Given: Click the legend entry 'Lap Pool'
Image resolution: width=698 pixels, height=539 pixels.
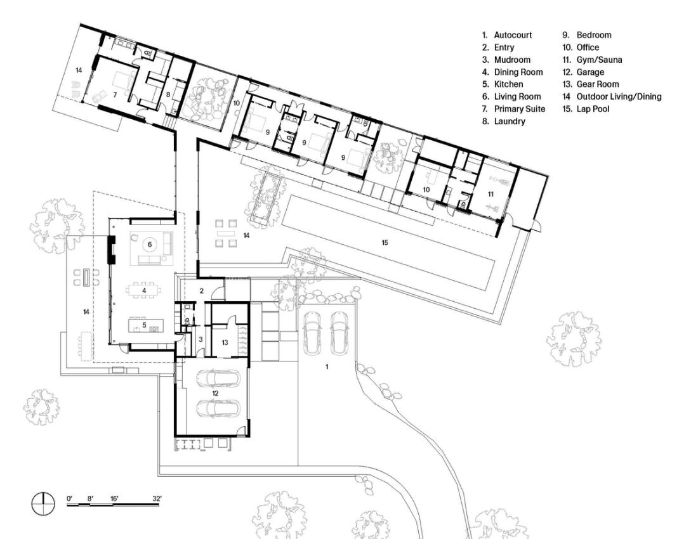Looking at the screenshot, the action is pos(593,109).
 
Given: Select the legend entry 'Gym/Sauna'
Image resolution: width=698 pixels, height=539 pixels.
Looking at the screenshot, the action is pos(599,60).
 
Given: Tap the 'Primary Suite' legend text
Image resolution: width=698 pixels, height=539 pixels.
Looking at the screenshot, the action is pos(520,109).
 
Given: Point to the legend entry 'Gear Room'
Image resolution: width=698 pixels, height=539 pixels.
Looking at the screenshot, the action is pos(597,84).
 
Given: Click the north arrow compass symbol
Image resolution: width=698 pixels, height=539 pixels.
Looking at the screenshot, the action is pos(43,504).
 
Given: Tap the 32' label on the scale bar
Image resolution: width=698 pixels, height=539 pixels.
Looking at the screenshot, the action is pos(157,498).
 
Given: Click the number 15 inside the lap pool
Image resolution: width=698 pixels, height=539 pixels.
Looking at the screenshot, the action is pos(385,242).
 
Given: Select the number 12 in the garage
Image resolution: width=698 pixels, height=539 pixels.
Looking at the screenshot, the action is pos(216,393).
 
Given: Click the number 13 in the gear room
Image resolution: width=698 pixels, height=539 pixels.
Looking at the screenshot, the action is pos(225,342).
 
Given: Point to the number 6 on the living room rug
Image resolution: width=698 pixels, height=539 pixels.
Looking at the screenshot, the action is pos(150,244).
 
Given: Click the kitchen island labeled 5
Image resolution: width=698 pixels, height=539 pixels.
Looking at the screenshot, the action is pos(146,325).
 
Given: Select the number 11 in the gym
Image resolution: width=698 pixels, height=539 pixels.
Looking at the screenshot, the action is pos(491,194).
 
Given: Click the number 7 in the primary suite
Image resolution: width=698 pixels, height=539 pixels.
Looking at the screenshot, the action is pos(115,94).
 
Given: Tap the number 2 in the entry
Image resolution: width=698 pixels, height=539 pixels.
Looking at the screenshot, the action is pos(202,291).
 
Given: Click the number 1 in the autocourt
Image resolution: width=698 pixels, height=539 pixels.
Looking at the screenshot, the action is pos(327,367).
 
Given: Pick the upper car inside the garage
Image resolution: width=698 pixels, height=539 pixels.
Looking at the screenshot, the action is pos(218,377).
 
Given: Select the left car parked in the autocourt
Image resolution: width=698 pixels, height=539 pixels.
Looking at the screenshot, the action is pos(312,333).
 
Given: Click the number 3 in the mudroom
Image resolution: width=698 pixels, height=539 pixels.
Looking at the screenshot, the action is pos(201,339).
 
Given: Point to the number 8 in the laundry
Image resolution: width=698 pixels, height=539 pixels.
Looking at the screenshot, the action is pos(168,94).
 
